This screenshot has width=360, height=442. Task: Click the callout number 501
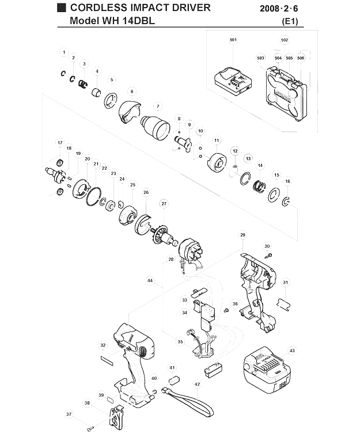click(233, 40)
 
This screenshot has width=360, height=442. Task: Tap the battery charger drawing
click(234, 81)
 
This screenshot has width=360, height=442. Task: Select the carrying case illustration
click(286, 94)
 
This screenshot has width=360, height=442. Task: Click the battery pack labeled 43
click(267, 371)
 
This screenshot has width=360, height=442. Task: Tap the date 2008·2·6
click(279, 9)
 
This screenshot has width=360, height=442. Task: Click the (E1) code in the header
click(290, 21)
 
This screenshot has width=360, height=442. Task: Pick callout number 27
click(164, 204)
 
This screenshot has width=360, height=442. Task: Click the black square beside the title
click(62, 7)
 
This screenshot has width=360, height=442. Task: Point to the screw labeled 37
click(91, 429)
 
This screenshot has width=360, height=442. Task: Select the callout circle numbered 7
click(158, 106)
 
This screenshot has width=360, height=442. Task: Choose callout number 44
click(150, 280)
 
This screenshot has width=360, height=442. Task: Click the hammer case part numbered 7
click(155, 128)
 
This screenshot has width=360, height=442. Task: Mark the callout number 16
click(287, 181)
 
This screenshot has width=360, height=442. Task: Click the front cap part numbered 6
click(130, 112)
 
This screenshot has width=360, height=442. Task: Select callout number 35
click(180, 342)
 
